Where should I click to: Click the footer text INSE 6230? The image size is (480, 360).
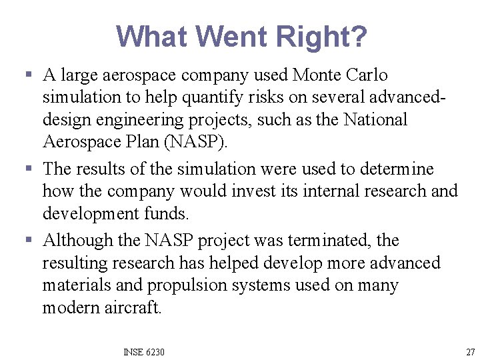pos(144,351)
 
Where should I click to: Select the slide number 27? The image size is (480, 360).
pos(471,351)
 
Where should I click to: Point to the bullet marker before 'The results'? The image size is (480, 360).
pos(25,169)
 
